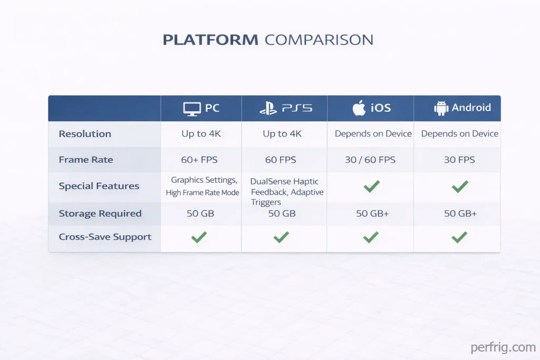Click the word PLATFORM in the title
point(210,40)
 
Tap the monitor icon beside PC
point(191,109)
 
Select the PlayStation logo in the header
point(268,109)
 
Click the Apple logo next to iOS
point(359,108)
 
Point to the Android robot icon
point(441,108)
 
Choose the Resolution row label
point(85,134)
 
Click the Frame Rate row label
point(86,160)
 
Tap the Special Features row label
point(99,186)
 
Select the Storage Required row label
point(100,213)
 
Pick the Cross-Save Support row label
point(105,237)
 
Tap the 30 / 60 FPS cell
point(370,160)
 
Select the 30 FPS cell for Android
point(459,160)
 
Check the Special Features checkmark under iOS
point(371,186)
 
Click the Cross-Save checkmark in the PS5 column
point(281,238)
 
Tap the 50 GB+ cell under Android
point(460,213)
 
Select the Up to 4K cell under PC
point(201,134)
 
